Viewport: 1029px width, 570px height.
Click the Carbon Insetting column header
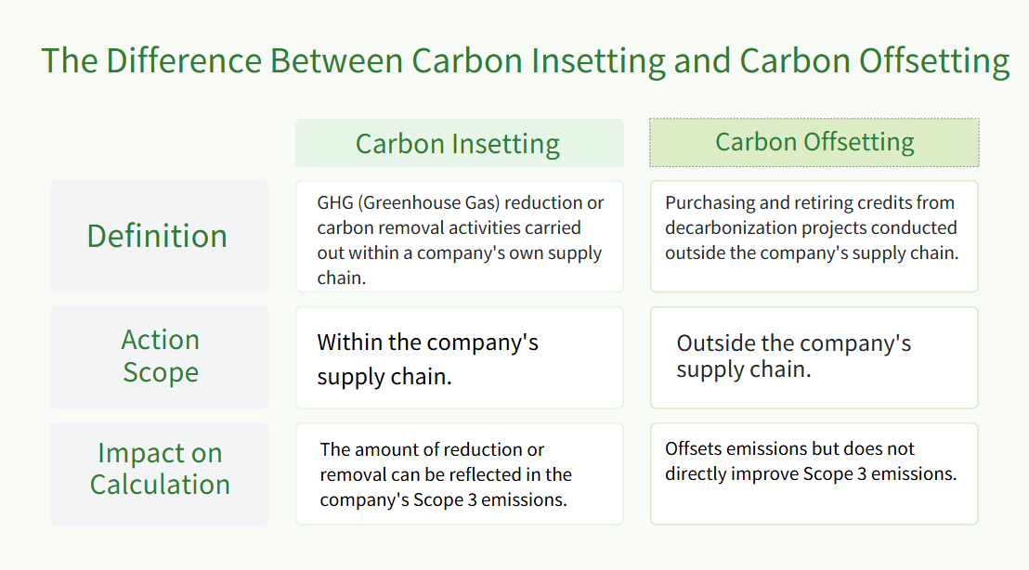pyautogui.click(x=458, y=144)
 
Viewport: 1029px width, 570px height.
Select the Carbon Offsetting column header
pyautogui.click(x=814, y=142)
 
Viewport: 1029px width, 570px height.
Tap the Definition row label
pyautogui.click(x=157, y=236)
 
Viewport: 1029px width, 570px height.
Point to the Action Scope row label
pyautogui.click(x=160, y=356)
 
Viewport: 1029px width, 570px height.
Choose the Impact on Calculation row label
pyautogui.click(x=160, y=469)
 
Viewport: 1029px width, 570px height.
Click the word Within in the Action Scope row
pyautogui.click(x=345, y=343)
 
